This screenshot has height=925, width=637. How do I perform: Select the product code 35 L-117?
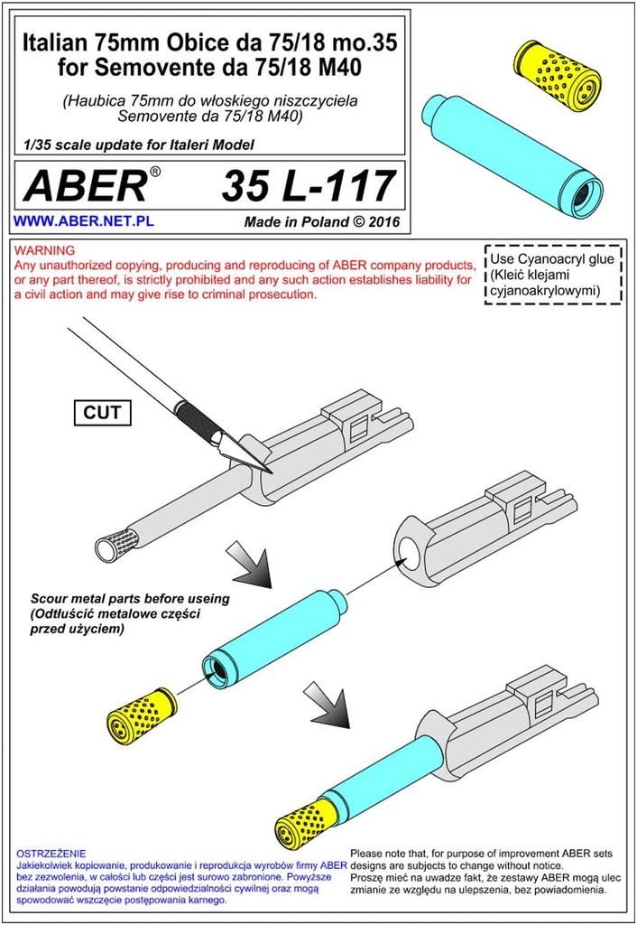tap(308, 185)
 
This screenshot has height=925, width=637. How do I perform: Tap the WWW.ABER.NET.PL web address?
tap(84, 221)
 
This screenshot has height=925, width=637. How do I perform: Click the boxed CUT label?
tap(102, 412)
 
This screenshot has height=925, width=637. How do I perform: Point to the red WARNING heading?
tap(45, 250)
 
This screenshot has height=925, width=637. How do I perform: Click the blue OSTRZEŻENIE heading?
tap(51, 854)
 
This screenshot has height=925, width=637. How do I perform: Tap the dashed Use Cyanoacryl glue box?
tap(553, 275)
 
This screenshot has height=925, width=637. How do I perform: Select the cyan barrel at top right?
tap(512, 153)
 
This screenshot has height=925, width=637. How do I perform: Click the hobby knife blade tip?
tap(272, 473)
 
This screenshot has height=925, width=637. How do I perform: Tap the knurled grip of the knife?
tap(199, 416)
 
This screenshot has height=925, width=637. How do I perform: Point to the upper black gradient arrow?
tap(250, 565)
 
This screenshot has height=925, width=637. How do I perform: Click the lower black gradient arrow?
tap(328, 705)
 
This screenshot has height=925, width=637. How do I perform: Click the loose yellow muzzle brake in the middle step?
tap(142, 715)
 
